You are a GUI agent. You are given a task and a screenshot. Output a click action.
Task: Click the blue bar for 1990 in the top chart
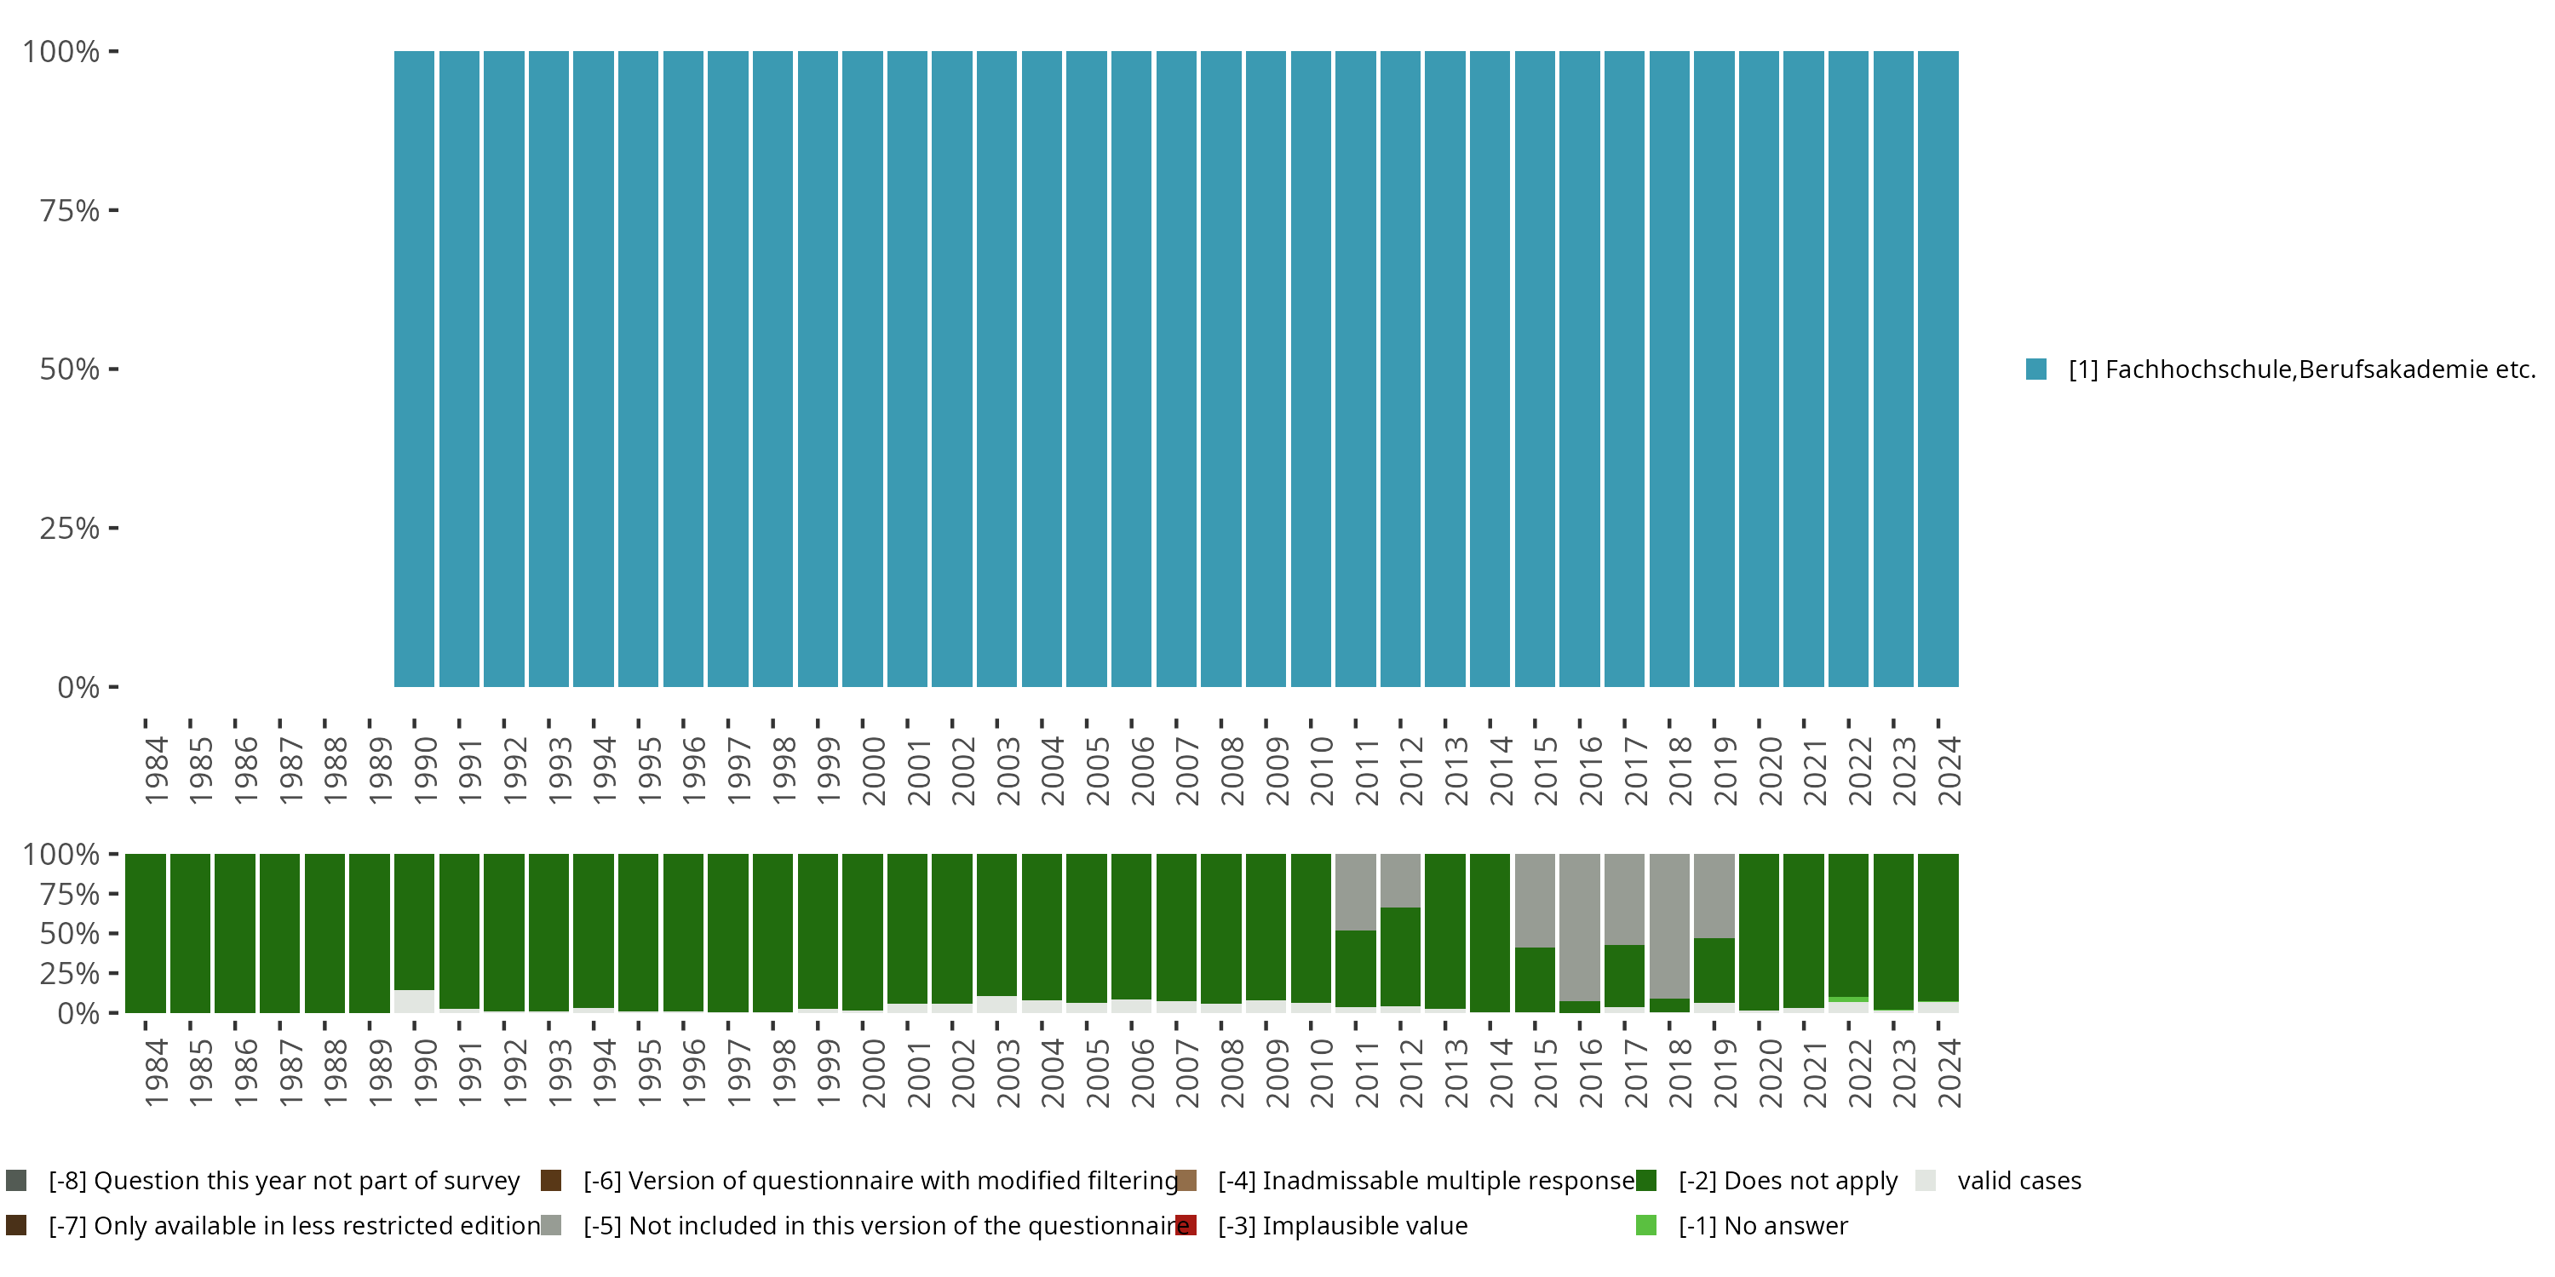[414, 369]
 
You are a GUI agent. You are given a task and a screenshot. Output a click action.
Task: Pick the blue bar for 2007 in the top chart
[1175, 369]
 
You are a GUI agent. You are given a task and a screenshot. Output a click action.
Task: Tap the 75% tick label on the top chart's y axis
[70, 210]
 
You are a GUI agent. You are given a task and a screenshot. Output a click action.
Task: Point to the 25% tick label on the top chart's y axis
[70, 528]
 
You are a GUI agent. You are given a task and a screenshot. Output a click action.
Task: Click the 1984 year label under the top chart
[156, 770]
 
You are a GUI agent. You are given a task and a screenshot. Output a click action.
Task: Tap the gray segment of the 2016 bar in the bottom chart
[1579, 927]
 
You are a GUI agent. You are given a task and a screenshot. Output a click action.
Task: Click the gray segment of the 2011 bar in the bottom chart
[1355, 891]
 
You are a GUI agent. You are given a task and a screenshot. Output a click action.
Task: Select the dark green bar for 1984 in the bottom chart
[145, 932]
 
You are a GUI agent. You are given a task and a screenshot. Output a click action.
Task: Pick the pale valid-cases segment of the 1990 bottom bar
[414, 1000]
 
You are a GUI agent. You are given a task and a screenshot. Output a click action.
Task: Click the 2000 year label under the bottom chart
[873, 1073]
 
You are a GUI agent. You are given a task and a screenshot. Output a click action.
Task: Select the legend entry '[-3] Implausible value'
[1342, 1225]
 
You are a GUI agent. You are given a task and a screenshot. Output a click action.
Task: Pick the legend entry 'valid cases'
[2018, 1180]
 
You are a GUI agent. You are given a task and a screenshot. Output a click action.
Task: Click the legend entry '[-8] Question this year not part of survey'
[284, 1180]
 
